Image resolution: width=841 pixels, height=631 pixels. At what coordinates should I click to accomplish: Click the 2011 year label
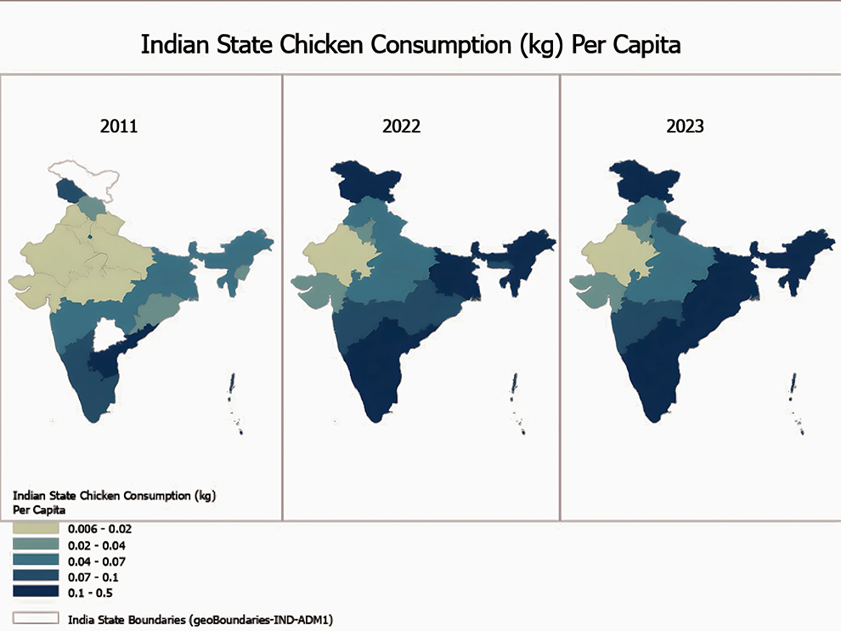pyautogui.click(x=119, y=127)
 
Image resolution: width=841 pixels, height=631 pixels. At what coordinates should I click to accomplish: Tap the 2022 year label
pyautogui.click(x=402, y=127)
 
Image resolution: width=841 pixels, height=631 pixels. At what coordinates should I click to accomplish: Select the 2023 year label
pyautogui.click(x=685, y=127)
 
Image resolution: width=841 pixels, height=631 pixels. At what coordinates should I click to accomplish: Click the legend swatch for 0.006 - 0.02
pyautogui.click(x=36, y=528)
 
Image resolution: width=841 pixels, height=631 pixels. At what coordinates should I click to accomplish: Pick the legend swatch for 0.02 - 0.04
pyautogui.click(x=36, y=544)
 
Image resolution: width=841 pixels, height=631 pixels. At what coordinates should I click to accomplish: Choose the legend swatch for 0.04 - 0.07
pyautogui.click(x=36, y=561)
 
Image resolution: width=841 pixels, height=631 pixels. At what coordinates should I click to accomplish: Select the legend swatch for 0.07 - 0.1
pyautogui.click(x=36, y=576)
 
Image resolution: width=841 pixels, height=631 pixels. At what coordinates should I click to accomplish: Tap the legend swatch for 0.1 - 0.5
pyautogui.click(x=36, y=591)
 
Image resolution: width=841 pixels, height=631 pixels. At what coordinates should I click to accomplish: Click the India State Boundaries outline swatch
pyautogui.click(x=36, y=617)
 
